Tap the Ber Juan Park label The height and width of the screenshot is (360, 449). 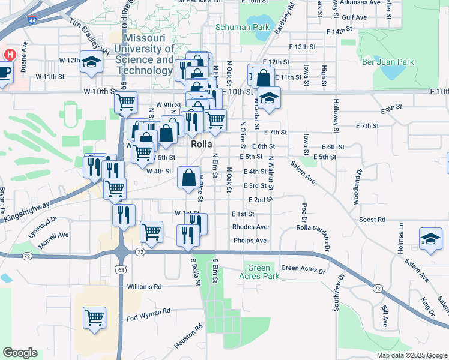click(388, 62)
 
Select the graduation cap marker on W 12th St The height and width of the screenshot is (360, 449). click(91, 62)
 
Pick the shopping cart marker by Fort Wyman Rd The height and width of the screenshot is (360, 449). click(94, 317)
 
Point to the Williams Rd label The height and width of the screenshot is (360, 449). click(145, 287)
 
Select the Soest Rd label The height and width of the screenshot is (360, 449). click(372, 220)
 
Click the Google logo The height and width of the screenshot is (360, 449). click(20, 353)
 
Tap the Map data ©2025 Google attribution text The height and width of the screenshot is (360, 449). click(411, 355)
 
